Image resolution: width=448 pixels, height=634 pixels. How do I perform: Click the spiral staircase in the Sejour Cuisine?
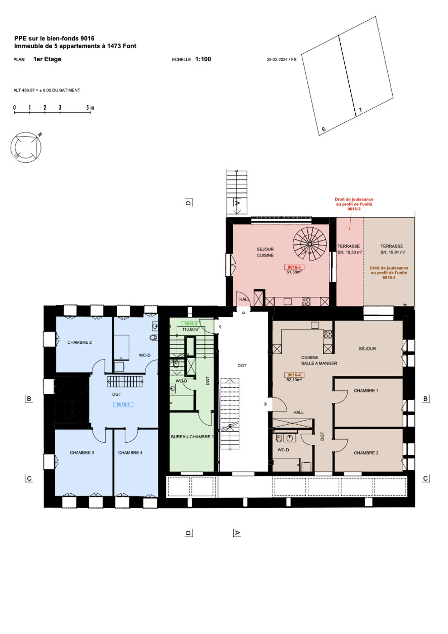(309, 244)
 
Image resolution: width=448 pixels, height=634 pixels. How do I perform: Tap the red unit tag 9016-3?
(294, 267)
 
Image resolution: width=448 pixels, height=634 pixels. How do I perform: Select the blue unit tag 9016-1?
(123, 404)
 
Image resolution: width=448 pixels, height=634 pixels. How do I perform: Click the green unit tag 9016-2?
(190, 324)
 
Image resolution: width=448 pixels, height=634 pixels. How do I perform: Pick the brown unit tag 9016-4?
(294, 375)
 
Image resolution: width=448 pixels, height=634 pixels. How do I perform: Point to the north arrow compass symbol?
(26, 147)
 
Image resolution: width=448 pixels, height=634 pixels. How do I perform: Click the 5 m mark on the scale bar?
(90, 108)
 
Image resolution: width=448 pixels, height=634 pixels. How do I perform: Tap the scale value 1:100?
(203, 59)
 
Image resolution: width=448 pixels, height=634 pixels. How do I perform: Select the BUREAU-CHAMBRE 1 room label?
(192, 437)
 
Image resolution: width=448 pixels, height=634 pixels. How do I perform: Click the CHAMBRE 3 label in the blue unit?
(82, 453)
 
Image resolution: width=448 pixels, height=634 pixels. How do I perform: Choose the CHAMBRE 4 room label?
(130, 453)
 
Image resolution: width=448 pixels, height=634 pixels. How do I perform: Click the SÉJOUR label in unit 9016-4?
(367, 349)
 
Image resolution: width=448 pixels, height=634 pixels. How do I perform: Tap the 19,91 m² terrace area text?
(393, 252)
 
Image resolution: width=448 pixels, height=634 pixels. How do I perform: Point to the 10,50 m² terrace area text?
(350, 252)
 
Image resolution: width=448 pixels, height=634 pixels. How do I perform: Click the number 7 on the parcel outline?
(360, 110)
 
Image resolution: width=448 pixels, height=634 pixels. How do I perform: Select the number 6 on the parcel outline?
(324, 129)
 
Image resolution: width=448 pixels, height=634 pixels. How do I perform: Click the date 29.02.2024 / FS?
(281, 59)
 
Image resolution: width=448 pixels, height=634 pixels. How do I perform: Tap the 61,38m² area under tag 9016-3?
(294, 272)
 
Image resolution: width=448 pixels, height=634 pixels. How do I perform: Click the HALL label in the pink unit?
(244, 299)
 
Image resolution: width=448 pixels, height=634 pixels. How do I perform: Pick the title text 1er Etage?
(47, 59)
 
